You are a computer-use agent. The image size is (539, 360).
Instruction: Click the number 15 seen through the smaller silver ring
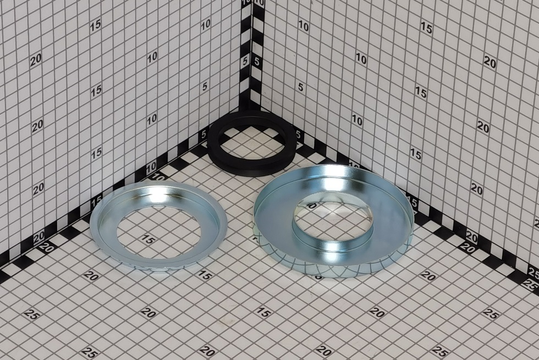click(x=148, y=240)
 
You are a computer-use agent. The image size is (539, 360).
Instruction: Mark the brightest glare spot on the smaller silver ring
click(x=159, y=196)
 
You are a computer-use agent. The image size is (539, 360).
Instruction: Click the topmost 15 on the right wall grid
click(x=426, y=28)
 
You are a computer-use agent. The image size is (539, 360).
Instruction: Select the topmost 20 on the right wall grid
click(x=490, y=62)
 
